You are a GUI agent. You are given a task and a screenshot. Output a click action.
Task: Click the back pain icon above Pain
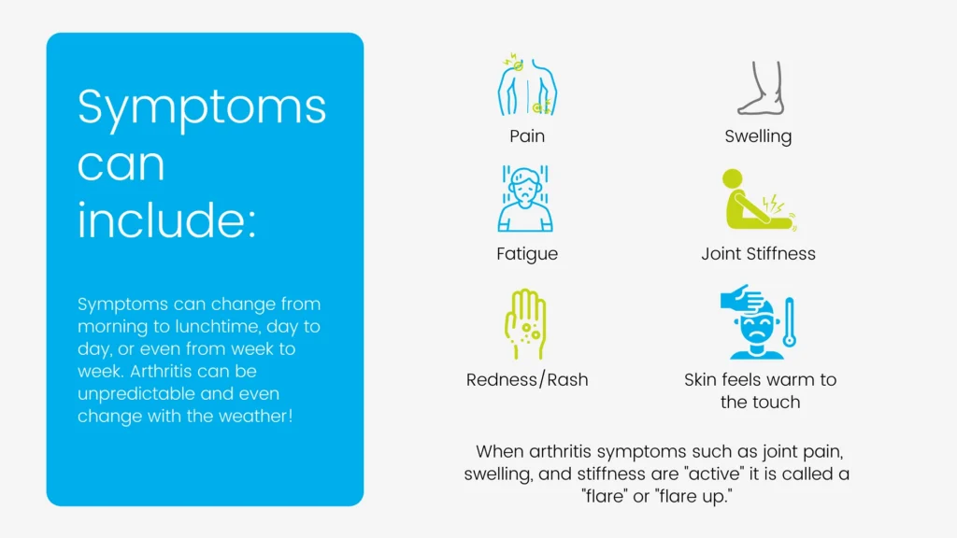[527, 84]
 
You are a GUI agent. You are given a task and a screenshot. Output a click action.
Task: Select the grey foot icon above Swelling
[761, 88]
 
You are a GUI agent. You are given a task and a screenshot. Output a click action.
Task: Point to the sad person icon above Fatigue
[525, 199]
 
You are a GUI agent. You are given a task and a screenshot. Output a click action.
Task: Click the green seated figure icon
[759, 200]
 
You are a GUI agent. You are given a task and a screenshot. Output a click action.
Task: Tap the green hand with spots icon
[525, 323]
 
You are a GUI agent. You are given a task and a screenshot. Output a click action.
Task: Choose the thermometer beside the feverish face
[789, 322]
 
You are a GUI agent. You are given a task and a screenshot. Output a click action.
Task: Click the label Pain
[527, 135]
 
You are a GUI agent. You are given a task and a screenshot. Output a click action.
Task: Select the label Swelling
[758, 136]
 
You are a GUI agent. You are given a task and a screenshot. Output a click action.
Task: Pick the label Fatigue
[527, 254]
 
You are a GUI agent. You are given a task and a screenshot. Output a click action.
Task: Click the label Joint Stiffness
[758, 254]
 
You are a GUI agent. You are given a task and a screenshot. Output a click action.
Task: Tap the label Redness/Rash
[527, 379]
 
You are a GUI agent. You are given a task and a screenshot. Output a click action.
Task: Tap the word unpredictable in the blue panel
[136, 394]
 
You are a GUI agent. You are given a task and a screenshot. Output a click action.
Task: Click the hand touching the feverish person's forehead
[742, 298]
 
